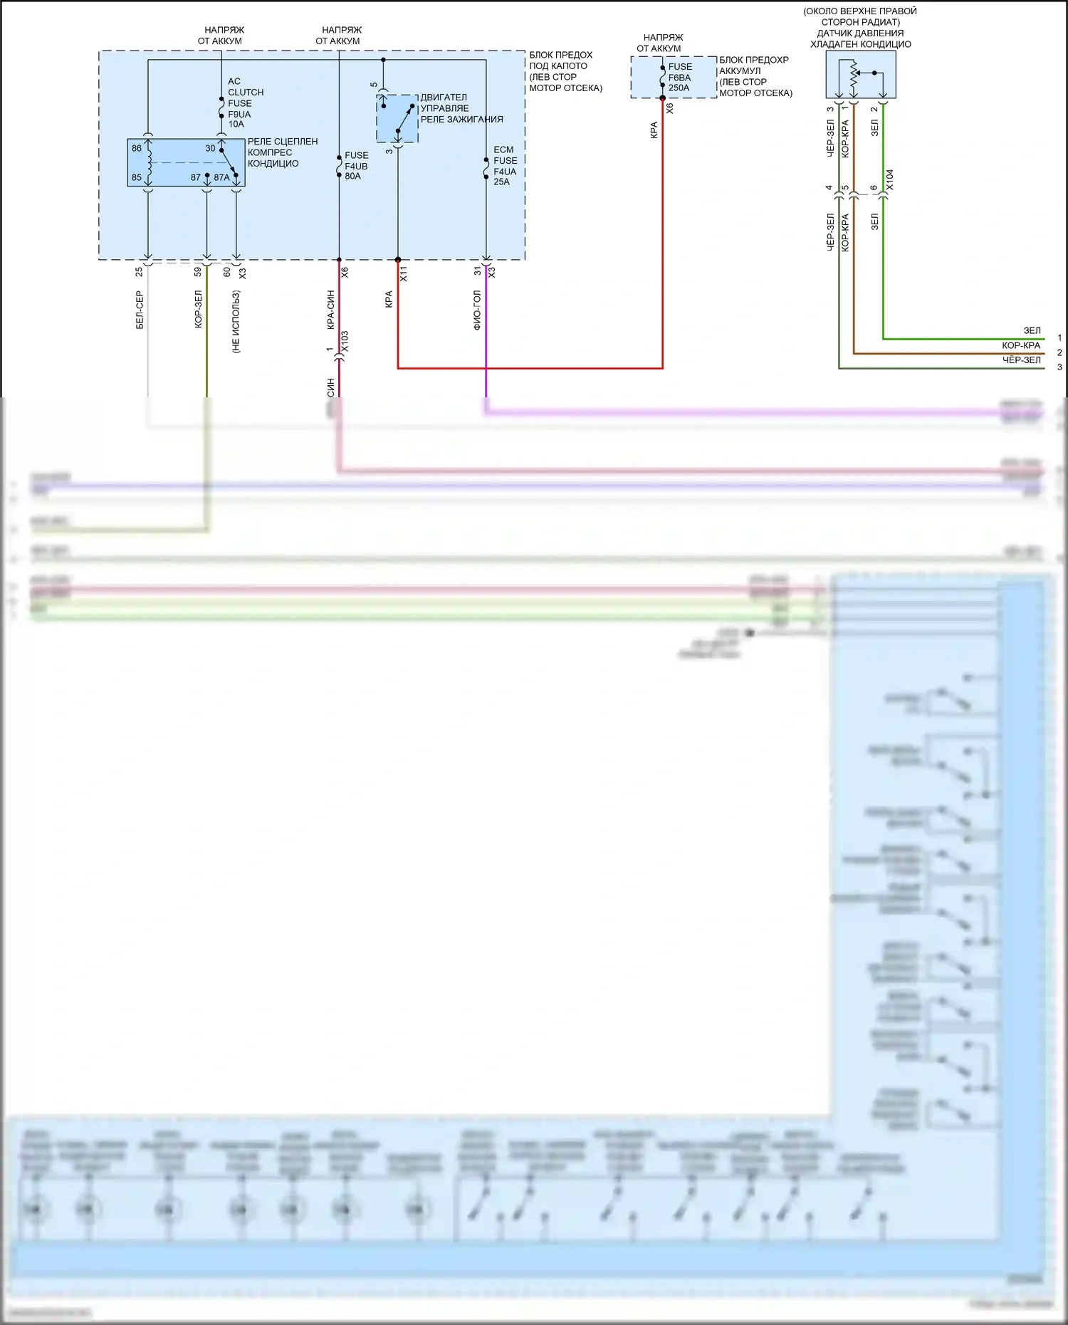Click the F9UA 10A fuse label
(x=239, y=119)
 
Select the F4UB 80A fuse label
(x=356, y=166)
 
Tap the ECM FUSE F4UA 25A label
(x=505, y=166)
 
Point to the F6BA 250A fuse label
(x=679, y=78)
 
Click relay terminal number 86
(x=137, y=148)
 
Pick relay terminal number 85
(x=137, y=177)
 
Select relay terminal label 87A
(x=221, y=177)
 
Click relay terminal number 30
(x=210, y=148)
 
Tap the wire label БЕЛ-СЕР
(x=140, y=310)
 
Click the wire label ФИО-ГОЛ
(x=477, y=310)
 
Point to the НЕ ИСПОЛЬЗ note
(x=236, y=322)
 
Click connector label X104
(x=889, y=180)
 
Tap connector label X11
(x=404, y=273)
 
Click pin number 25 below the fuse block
(x=139, y=271)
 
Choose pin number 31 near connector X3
(x=478, y=271)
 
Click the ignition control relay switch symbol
(x=397, y=119)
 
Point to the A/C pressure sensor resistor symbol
(x=853, y=75)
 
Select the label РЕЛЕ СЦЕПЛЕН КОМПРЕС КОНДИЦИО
(x=282, y=152)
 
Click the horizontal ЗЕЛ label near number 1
(x=1032, y=330)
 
